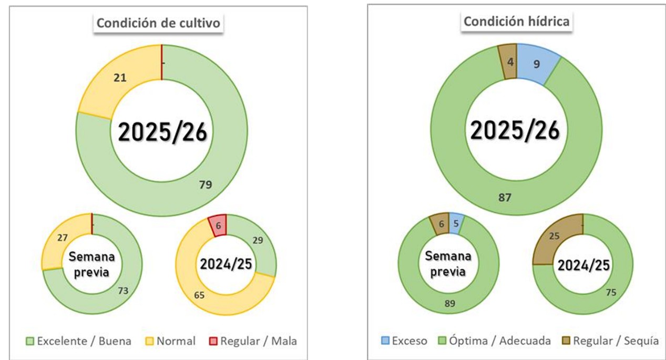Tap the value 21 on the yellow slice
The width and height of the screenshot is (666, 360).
point(120,78)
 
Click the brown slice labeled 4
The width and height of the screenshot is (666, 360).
point(508,62)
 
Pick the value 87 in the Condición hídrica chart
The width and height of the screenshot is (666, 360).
point(505,197)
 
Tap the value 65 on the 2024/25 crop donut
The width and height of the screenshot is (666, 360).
point(199,295)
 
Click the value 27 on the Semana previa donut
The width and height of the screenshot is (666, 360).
point(62,237)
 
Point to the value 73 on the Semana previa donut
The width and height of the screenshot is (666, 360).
point(123,291)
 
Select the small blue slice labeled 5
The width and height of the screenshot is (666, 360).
point(456,223)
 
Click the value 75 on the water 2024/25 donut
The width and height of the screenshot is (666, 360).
point(611,292)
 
